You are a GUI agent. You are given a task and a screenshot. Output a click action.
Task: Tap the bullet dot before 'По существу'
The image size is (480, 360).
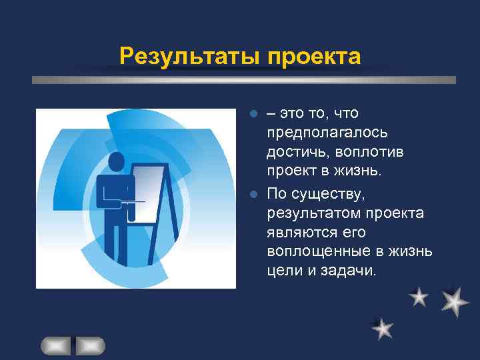[x=253, y=195]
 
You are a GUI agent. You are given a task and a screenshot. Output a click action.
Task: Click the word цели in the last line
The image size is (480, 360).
[x=283, y=271]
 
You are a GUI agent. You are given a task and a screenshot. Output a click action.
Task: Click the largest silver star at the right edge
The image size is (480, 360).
[x=455, y=301]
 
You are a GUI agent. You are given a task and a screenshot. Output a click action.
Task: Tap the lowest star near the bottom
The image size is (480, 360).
[x=382, y=328]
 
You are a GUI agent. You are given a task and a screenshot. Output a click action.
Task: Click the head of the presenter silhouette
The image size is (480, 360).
[x=117, y=162]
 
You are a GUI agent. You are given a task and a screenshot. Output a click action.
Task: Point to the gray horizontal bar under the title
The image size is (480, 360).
[x=244, y=79]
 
